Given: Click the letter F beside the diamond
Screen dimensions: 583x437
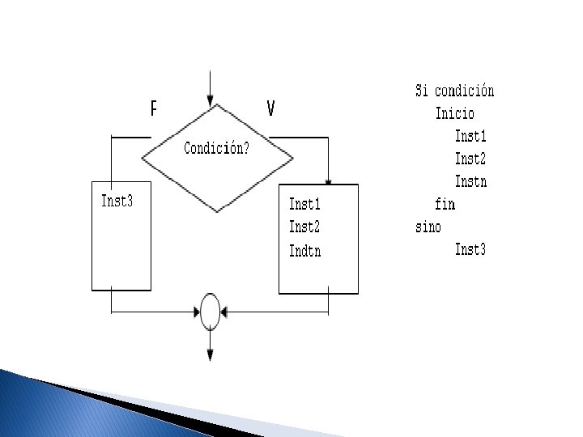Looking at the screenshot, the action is point(153,108).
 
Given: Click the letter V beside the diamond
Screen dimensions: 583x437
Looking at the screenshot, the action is point(270,108).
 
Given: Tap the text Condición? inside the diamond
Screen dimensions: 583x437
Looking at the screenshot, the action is point(216,149).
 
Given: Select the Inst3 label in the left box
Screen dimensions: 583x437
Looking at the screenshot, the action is point(117,201).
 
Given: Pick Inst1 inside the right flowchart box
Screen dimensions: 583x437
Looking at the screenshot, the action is point(304,205).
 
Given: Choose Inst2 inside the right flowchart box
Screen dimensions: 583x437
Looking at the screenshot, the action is point(304,227).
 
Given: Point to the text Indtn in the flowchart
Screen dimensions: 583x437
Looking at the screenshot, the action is point(304,251).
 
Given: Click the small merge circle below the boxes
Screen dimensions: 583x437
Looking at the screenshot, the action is point(210,311).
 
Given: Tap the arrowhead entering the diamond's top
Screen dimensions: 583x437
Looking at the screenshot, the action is point(211,103).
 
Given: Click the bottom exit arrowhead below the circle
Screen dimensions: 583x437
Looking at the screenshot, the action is point(211,354).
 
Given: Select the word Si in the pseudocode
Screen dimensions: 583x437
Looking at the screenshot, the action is point(422,91).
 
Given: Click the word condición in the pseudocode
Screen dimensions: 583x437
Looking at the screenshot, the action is point(465,91).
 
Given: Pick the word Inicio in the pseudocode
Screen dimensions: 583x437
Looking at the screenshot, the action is point(454,113).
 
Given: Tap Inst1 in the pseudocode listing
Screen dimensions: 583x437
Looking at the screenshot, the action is point(470,136).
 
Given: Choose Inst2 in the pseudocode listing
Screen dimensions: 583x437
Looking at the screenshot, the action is point(470,159).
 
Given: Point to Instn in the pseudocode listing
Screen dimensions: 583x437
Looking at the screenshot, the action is point(470,181).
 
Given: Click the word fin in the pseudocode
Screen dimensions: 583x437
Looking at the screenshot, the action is point(445,204).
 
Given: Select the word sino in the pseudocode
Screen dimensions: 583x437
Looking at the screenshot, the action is point(428,227).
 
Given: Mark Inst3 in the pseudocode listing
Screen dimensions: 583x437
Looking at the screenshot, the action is point(470,249).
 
